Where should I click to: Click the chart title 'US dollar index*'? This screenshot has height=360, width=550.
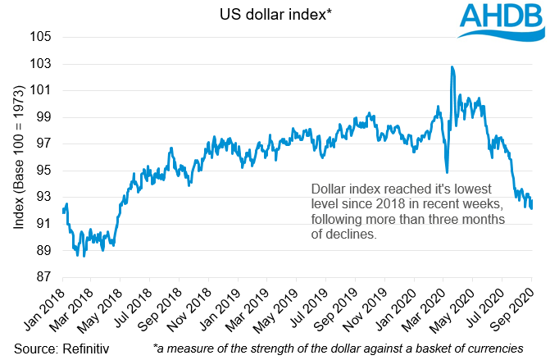pos(275,13)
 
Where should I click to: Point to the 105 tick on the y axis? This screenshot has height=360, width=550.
pos(43,38)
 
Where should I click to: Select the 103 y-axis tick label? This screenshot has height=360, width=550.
pos(43,64)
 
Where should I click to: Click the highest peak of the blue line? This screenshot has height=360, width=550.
pos(452,67)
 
